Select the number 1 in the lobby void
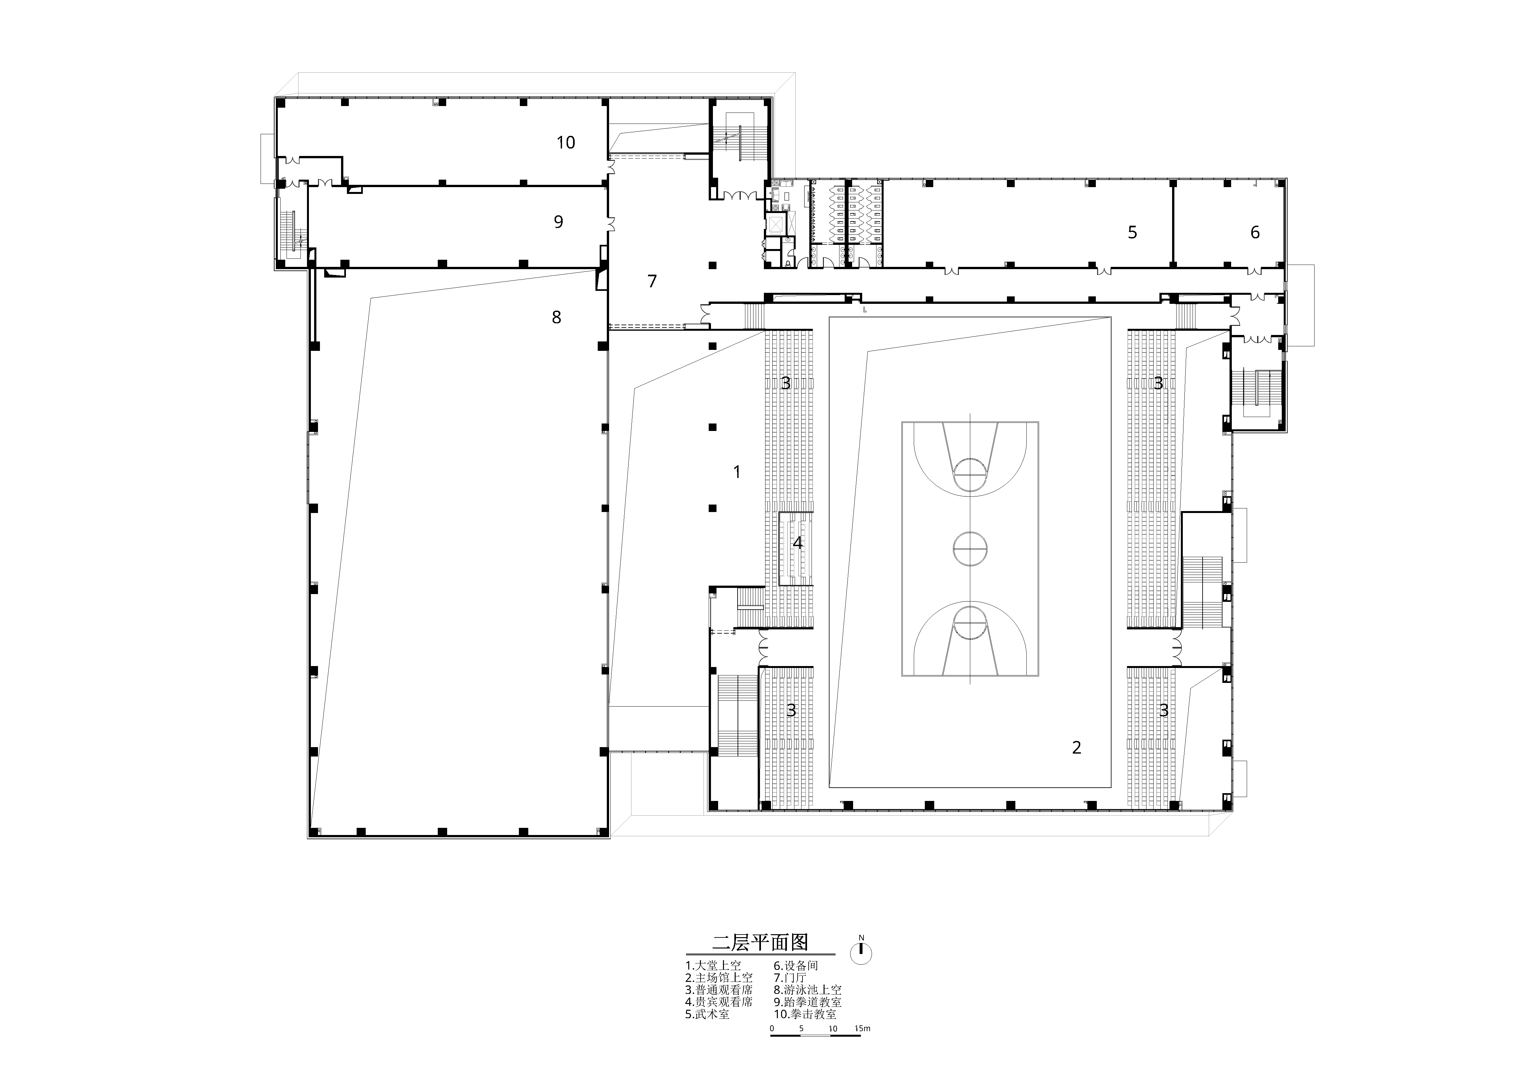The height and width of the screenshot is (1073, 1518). pyautogui.click(x=737, y=472)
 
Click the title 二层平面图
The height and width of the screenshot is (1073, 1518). pyautogui.click(x=760, y=942)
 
